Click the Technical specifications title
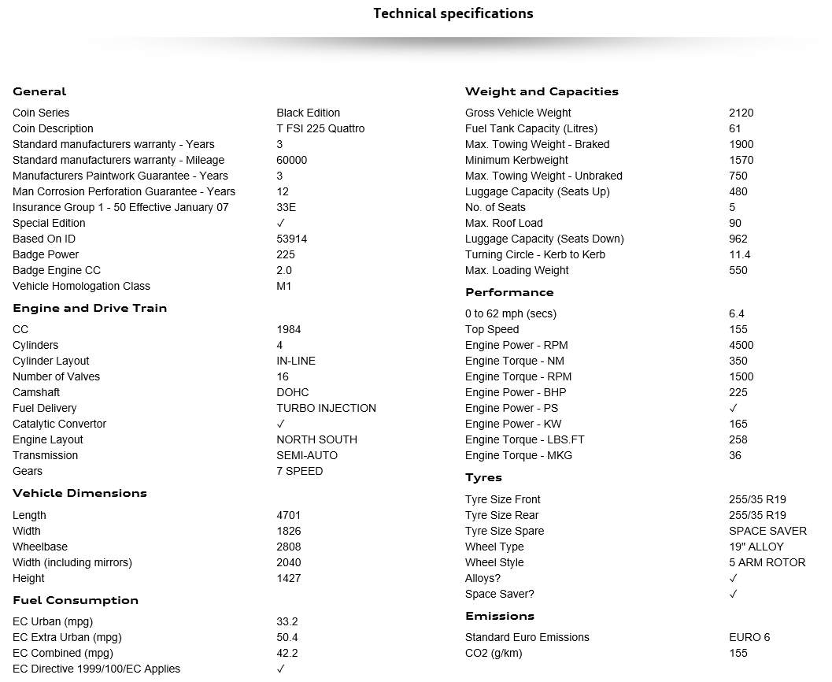click(x=453, y=13)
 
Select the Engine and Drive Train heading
click(x=90, y=308)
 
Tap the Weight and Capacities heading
click(x=542, y=91)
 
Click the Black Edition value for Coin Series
click(x=308, y=113)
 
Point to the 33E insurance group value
click(x=287, y=207)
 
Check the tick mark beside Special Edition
click(x=281, y=223)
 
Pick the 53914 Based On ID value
click(x=291, y=239)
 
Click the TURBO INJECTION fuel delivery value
click(x=326, y=408)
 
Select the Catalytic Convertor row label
click(x=59, y=424)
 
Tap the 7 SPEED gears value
click(x=299, y=471)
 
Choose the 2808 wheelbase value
click(x=288, y=547)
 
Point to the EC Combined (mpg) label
click(x=63, y=653)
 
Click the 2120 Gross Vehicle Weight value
click(x=741, y=113)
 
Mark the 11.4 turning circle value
click(x=739, y=254)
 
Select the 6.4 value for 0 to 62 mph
click(x=736, y=313)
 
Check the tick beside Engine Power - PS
click(x=734, y=408)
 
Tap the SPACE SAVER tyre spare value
click(x=767, y=531)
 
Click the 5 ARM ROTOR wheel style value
click(x=767, y=562)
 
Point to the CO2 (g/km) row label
click(x=494, y=653)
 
